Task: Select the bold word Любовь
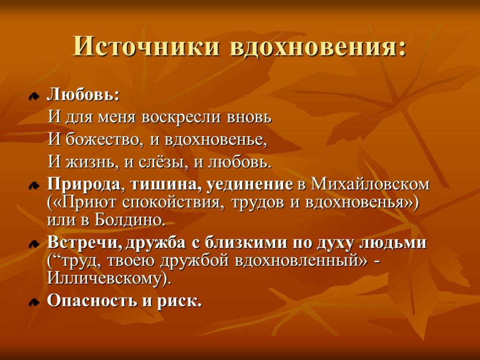point(81,95)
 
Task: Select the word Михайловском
point(370,184)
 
